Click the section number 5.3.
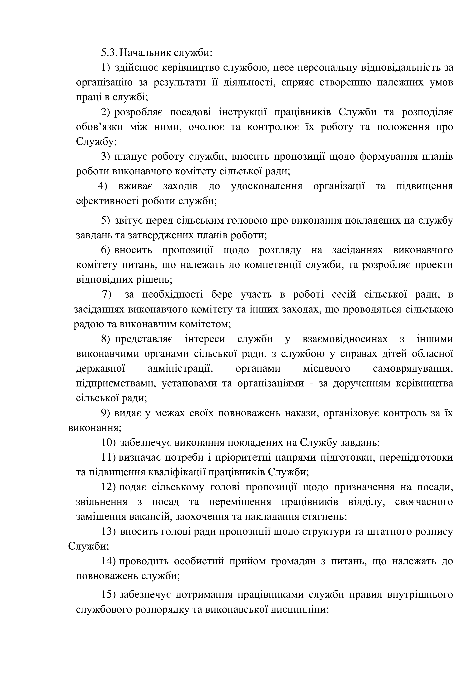(109, 53)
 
